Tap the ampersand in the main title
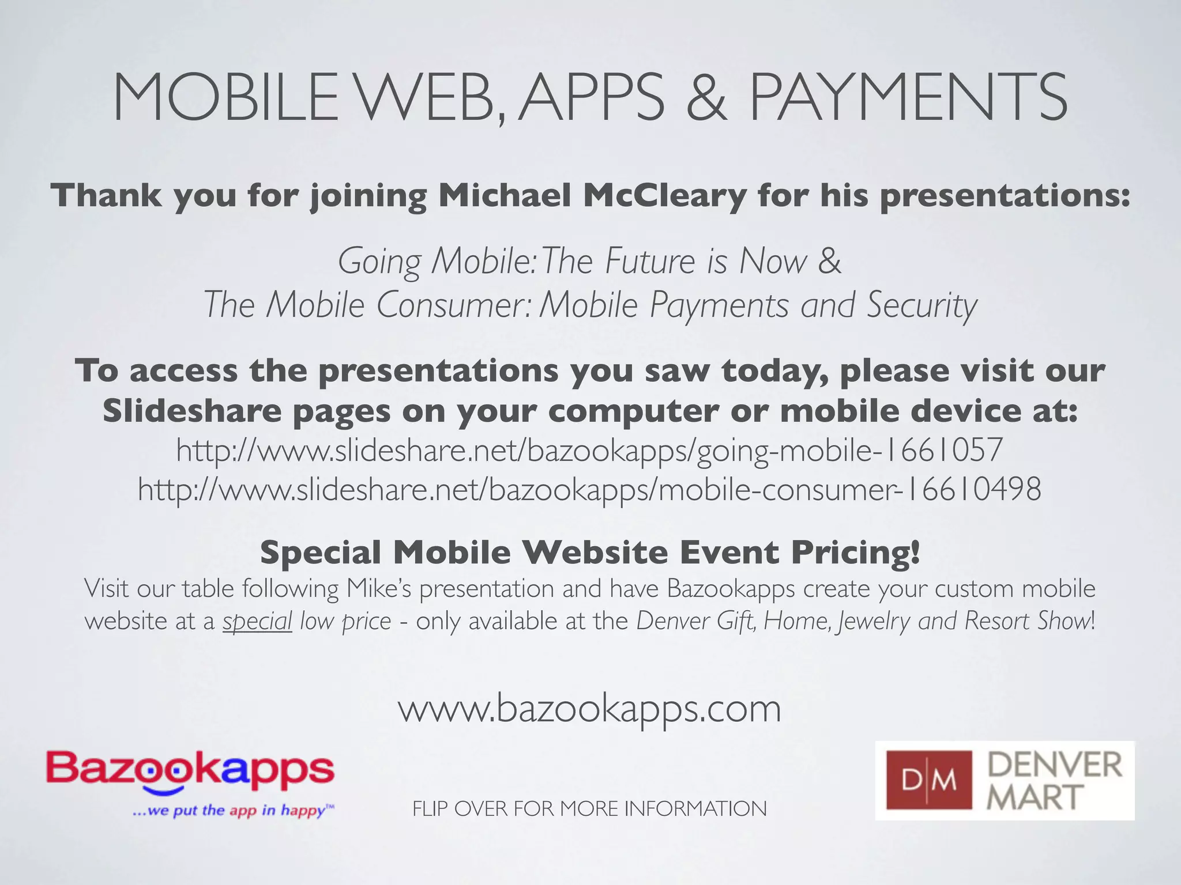pyautogui.click(x=706, y=98)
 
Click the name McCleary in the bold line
pyautogui.click(x=665, y=195)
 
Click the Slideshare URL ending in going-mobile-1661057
pyautogui.click(x=589, y=450)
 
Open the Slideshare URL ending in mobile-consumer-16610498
pyautogui.click(x=589, y=490)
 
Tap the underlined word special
pyautogui.click(x=257, y=621)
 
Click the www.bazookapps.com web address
pyautogui.click(x=589, y=709)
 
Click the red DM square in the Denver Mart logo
pyautogui.click(x=928, y=781)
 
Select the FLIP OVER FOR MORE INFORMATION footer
pyautogui.click(x=589, y=809)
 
